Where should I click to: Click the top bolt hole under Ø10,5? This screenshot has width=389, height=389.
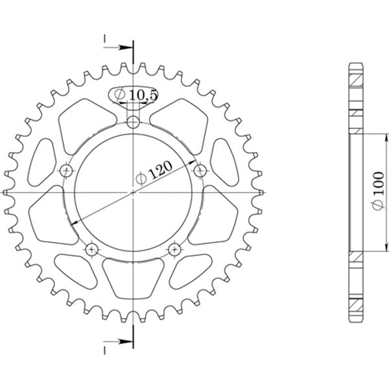coord(133,121)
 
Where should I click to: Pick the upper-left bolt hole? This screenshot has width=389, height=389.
coord(65,171)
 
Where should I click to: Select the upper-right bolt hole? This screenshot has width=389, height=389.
coord(200,171)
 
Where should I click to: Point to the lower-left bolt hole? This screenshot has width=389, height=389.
coord(91,250)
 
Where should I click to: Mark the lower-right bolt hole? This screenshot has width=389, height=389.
coord(174,250)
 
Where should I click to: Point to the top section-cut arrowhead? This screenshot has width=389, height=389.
coord(127,47)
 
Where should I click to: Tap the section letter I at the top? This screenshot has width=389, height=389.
coord(104,40)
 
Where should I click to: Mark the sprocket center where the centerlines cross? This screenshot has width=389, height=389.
coord(133,193)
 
